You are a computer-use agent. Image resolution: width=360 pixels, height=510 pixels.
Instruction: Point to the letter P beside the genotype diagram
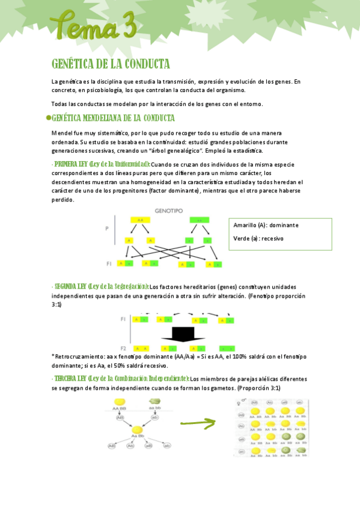point(108,229)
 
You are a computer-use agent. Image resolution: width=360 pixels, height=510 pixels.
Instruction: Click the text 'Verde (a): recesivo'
point(258,238)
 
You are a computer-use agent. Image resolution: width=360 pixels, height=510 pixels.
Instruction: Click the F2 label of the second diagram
point(123,348)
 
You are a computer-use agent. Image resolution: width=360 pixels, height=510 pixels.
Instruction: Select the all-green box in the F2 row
point(227,349)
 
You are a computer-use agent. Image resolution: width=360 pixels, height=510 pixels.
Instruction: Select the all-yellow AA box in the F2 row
point(141,349)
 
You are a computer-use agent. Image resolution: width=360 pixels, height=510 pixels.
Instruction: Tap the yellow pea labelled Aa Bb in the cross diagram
point(138,430)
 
